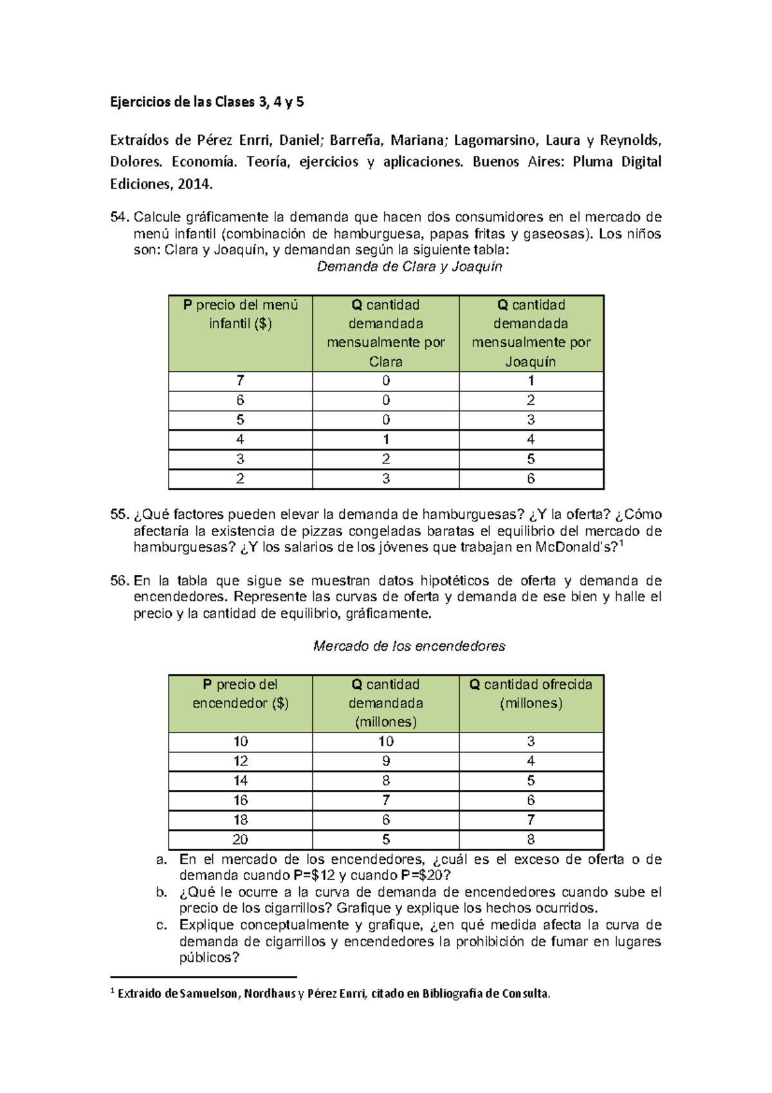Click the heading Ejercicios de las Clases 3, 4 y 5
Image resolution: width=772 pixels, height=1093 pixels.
(207, 102)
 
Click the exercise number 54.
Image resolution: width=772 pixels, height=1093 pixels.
(120, 217)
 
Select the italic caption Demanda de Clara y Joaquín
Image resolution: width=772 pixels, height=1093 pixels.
(409, 266)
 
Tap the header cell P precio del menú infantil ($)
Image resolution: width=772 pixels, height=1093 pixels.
(240, 314)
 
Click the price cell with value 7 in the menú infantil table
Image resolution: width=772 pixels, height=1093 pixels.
(240, 380)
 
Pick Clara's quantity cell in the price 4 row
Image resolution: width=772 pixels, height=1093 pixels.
(385, 440)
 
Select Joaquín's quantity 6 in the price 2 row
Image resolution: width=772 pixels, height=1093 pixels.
(531, 479)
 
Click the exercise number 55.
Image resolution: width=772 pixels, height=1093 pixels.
(120, 514)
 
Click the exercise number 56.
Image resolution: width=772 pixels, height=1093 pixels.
(120, 581)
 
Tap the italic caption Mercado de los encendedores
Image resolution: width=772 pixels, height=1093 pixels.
(409, 646)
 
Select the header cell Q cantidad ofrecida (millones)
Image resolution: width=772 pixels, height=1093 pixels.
(531, 694)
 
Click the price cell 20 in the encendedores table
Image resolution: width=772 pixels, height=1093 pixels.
(240, 839)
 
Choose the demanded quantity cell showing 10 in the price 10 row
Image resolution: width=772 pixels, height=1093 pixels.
(385, 742)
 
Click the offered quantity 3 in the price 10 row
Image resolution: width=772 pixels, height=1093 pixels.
(531, 742)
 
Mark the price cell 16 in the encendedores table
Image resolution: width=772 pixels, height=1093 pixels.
(240, 800)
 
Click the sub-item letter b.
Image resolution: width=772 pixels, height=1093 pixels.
(161, 892)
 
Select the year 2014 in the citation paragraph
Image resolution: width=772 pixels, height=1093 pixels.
(194, 184)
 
